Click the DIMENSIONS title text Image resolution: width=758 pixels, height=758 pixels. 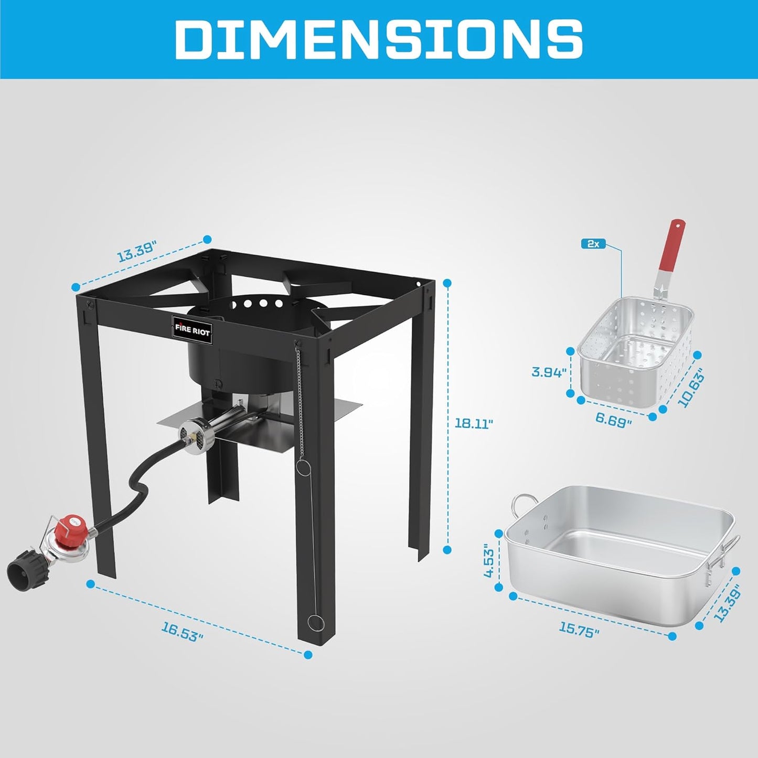click(379, 39)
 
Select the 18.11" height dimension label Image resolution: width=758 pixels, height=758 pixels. click(474, 423)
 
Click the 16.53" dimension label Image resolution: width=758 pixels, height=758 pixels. click(182, 631)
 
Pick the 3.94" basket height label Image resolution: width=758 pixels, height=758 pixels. click(549, 372)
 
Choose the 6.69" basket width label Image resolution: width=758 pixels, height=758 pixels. click(614, 420)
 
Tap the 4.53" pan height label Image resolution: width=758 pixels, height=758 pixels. click(489, 560)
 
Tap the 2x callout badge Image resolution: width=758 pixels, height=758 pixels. click(593, 244)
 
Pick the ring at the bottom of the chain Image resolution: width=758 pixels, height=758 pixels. click(316, 623)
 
